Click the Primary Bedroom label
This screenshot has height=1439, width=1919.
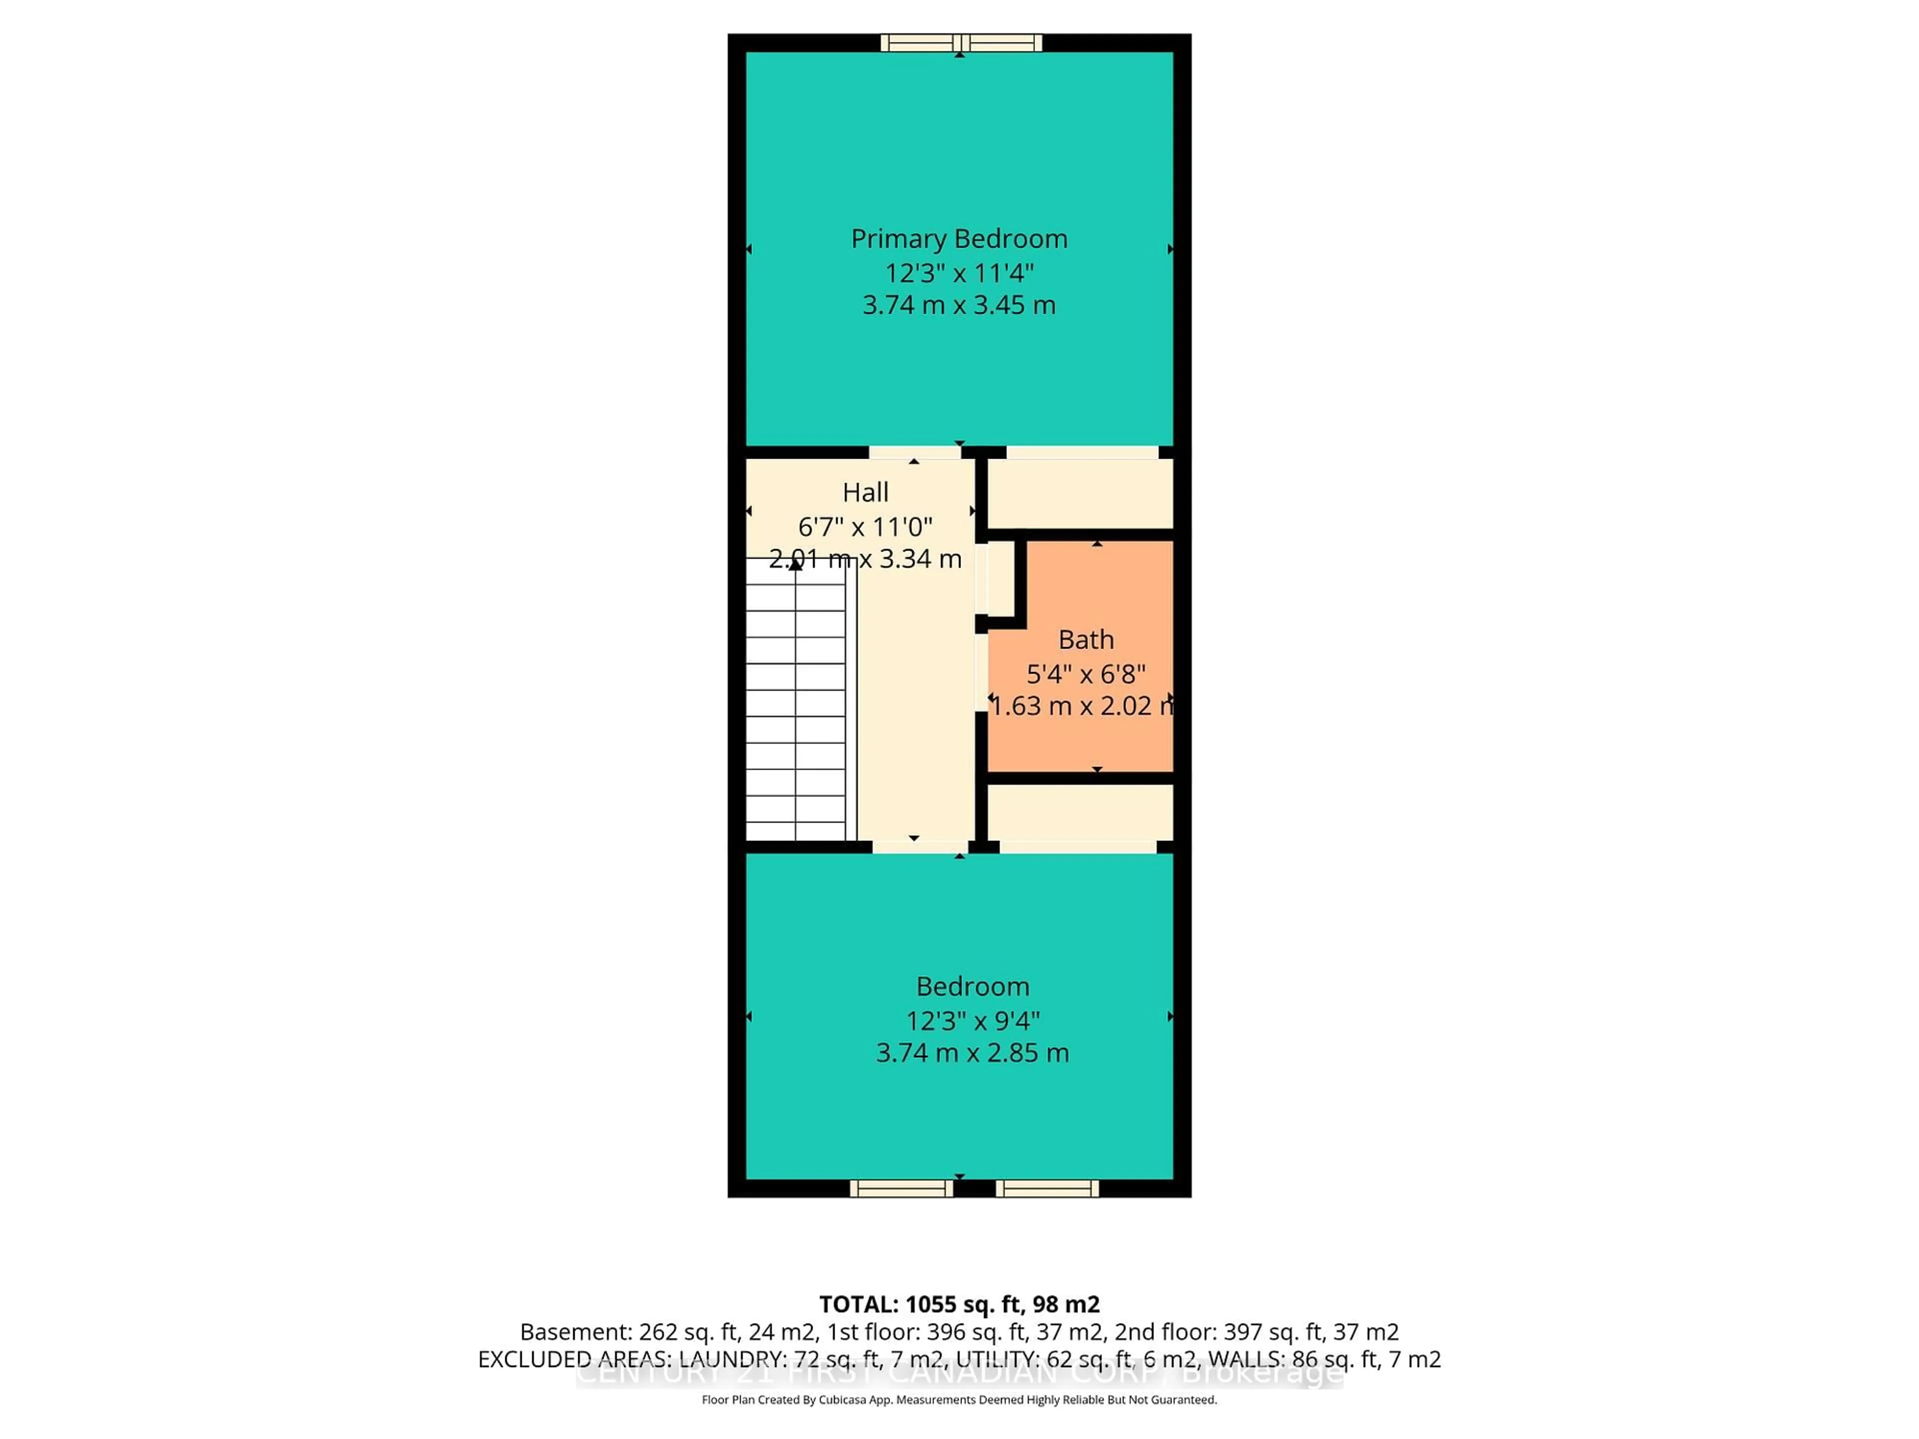point(959,238)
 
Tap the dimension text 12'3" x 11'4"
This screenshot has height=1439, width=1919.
point(959,273)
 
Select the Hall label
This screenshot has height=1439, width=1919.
point(865,493)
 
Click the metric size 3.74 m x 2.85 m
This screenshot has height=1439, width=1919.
point(971,1053)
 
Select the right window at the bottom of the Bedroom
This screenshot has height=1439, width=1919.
point(1047,1188)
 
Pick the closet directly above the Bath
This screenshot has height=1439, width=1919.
point(1080,493)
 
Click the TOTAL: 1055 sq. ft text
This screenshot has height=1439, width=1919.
point(959,1305)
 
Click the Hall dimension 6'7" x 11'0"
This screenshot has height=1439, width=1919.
point(865,527)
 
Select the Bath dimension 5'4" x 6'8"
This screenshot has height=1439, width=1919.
point(1085,674)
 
